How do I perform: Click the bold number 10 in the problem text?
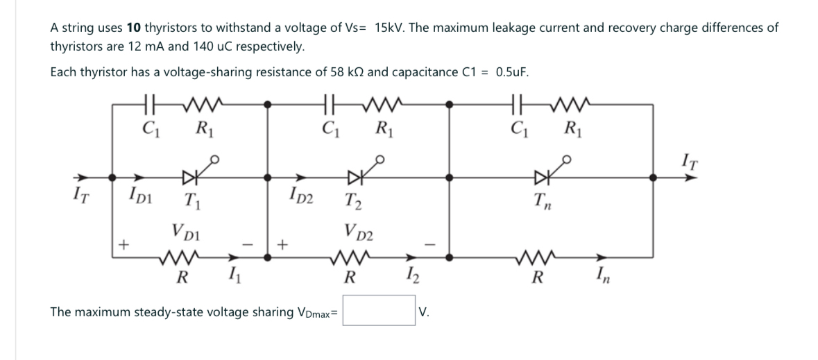[135, 28]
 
